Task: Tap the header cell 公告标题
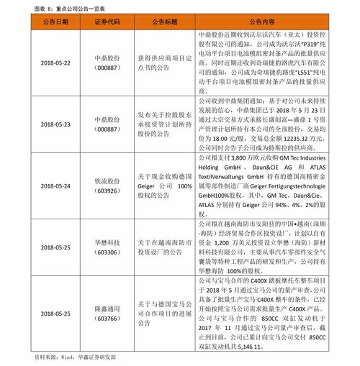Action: [x=165, y=22]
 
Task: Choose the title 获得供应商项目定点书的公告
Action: [x=165, y=63]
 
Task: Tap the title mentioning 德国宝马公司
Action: [x=165, y=314]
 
